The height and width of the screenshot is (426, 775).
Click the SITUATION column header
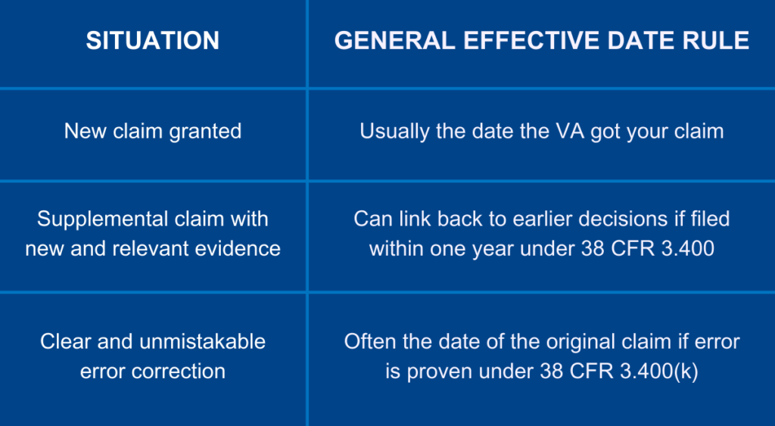click(x=153, y=40)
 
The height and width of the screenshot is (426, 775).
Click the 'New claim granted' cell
click(x=153, y=132)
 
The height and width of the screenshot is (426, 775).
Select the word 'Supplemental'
click(x=98, y=219)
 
